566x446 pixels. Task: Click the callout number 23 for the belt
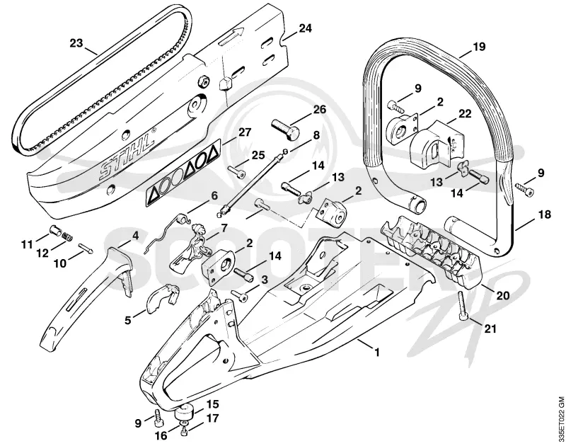coord(76,43)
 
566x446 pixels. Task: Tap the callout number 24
coord(305,28)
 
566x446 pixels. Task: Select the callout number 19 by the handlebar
coord(479,47)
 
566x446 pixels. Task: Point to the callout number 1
coord(377,352)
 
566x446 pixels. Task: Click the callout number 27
coord(244,132)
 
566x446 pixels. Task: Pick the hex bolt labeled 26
coord(285,130)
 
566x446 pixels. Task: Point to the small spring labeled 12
coord(67,236)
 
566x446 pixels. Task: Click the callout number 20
coord(502,295)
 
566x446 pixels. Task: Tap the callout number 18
coord(544,215)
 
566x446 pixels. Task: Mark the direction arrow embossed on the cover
coord(231,38)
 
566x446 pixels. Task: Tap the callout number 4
coord(135,236)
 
